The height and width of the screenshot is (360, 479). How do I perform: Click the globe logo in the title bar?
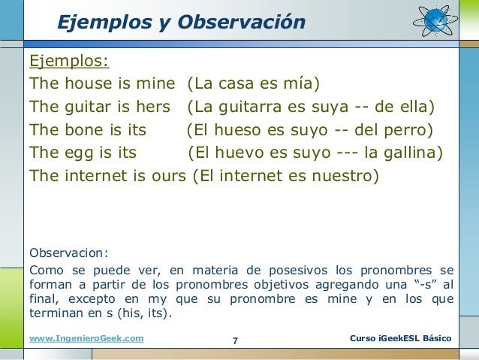click(x=436, y=20)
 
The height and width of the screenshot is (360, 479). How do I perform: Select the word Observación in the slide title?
click(x=241, y=22)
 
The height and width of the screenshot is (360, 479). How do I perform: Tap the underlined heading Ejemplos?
click(x=69, y=61)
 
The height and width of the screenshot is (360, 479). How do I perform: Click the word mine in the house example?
click(x=156, y=83)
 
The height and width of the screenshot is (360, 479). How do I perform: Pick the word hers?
click(x=153, y=107)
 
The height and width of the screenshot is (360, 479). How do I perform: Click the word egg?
click(x=79, y=153)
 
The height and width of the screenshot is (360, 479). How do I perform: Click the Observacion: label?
click(x=69, y=253)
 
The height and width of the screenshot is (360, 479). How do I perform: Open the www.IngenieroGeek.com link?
click(x=86, y=338)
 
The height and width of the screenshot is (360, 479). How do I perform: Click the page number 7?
click(x=235, y=340)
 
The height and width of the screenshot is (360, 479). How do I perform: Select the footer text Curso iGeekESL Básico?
click(x=400, y=338)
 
